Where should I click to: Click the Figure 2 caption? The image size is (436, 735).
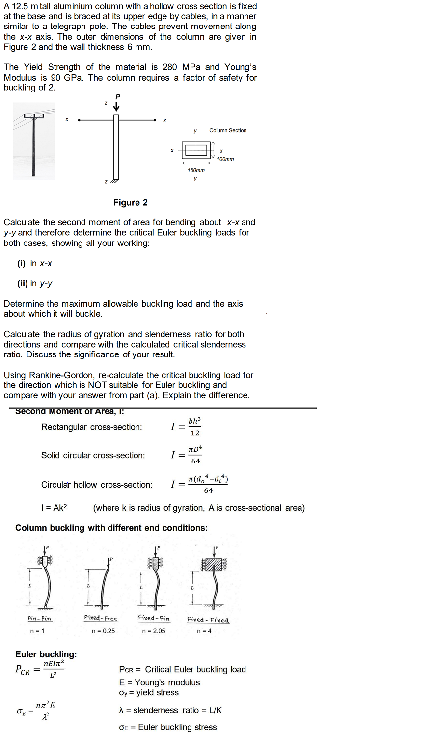(130, 203)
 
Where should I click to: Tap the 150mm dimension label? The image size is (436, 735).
(196, 170)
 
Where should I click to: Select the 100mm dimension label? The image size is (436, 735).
(225, 159)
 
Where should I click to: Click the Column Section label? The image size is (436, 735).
(228, 130)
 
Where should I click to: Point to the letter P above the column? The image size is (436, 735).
(117, 96)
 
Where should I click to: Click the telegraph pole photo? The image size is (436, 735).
(33, 141)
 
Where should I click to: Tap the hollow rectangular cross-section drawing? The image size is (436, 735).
(196, 150)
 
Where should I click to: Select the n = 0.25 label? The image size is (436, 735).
(103, 631)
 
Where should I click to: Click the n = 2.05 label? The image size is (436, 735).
(153, 631)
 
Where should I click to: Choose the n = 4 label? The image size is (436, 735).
(204, 631)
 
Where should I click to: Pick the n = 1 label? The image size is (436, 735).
(37, 631)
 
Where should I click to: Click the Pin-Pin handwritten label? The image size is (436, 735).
(40, 619)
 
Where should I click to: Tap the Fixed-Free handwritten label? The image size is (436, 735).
(101, 618)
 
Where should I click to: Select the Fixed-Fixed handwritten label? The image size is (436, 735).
(208, 620)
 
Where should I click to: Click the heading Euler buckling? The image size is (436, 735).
(46, 654)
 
